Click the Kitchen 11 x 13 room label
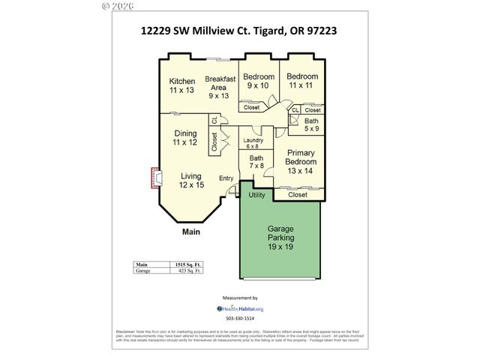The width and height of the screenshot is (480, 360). (x=181, y=85)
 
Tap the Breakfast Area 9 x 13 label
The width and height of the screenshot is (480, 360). (x=220, y=87)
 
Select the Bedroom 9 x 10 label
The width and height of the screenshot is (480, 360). (x=258, y=81)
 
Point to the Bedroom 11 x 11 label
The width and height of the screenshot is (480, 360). (x=302, y=81)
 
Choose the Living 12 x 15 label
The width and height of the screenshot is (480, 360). (x=191, y=180)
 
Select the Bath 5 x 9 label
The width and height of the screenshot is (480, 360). (x=311, y=125)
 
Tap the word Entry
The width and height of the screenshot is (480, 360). (x=226, y=178)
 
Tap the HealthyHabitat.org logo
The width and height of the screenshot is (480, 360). (x=240, y=308)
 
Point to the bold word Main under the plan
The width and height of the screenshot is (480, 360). (x=191, y=232)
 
